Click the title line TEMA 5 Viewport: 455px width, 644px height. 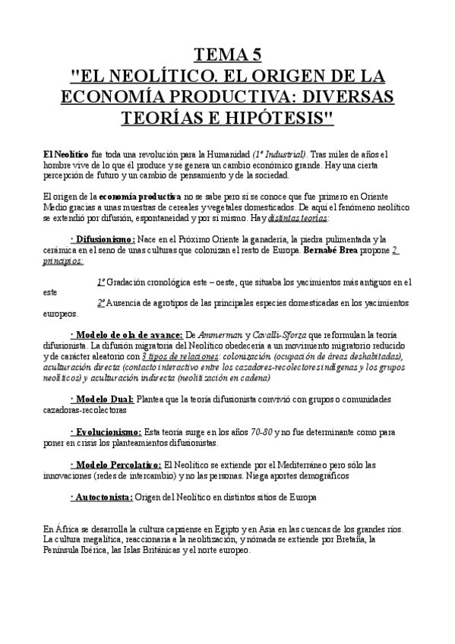coord(227,54)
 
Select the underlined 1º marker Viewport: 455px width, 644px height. coord(101,281)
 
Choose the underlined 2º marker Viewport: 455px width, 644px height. coord(101,302)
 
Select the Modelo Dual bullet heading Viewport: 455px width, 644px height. coord(101,399)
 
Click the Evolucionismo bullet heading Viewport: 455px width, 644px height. coord(105,431)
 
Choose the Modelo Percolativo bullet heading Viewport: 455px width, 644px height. coord(115,463)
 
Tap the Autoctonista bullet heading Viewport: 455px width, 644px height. coord(101,497)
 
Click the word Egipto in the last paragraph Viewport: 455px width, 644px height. coord(236,529)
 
